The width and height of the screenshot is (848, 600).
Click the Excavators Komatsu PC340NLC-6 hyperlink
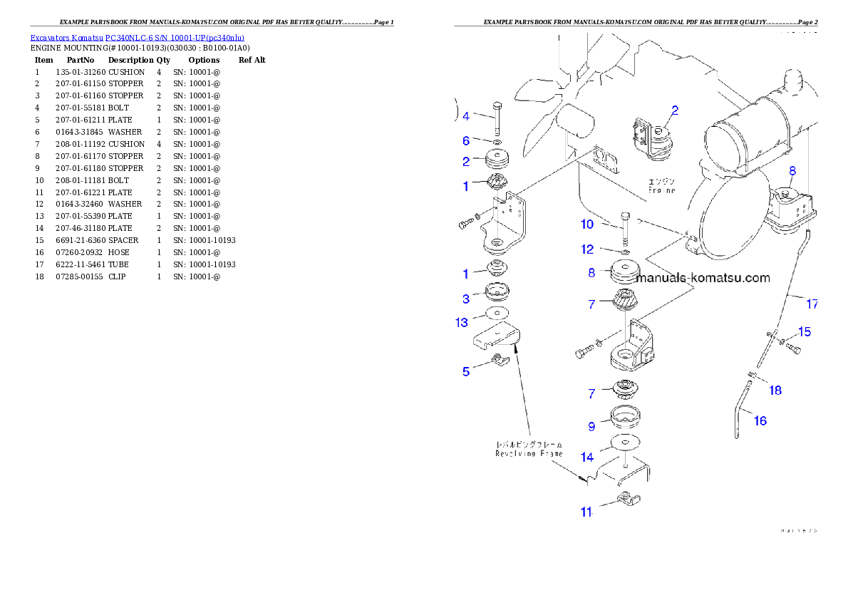[x=137, y=38]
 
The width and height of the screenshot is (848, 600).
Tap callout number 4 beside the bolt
[x=466, y=116]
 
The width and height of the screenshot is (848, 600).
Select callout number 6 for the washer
[x=466, y=141]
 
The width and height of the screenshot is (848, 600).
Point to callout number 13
[x=462, y=323]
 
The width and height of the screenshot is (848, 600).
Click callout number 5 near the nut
[x=466, y=371]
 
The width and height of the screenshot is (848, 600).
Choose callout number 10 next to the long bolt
[x=586, y=224]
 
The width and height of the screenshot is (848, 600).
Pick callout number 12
[x=586, y=249]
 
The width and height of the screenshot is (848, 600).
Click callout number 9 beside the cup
[x=591, y=426]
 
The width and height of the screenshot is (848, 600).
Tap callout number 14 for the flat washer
[x=586, y=457]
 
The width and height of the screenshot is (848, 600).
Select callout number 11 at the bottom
[x=586, y=512]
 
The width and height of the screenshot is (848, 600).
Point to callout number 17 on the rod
[x=812, y=304]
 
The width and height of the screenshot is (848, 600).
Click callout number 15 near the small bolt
[x=804, y=331]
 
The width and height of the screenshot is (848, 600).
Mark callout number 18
[x=775, y=390]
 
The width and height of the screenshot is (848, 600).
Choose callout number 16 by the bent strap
[x=760, y=420]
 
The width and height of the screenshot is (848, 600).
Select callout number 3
[x=466, y=299]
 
